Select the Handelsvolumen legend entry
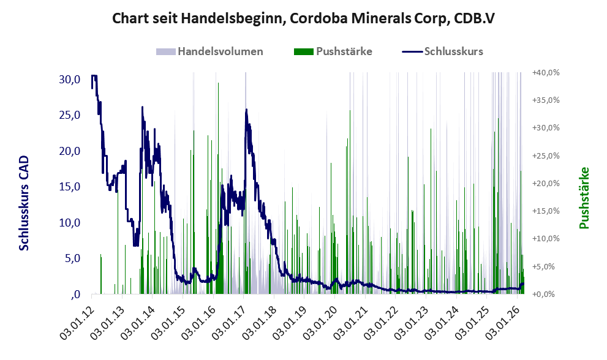[x=220, y=51]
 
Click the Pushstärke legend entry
[x=344, y=51]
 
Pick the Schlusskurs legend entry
[x=453, y=51]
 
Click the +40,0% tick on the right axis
[x=546, y=72]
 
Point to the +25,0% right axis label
[x=546, y=156]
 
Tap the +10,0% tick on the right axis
[x=546, y=239]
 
